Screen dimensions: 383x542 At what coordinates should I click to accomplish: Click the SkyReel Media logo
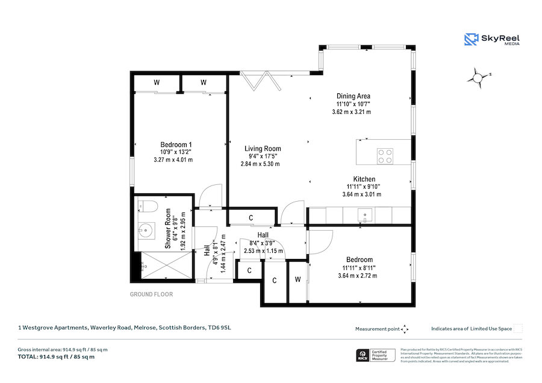492,40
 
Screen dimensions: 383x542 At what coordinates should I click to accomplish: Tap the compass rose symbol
478,77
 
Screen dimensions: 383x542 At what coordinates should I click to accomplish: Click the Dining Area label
353,96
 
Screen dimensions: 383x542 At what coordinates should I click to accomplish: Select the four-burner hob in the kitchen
385,156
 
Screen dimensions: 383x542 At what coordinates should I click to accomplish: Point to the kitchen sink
364,214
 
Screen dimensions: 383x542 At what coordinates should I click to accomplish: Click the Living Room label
262,149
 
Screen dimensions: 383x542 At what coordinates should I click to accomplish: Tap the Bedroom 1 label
176,145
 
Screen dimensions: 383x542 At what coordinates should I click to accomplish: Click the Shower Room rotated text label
169,229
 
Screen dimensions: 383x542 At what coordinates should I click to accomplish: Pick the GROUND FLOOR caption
151,294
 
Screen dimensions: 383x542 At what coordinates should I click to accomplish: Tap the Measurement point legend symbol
405,329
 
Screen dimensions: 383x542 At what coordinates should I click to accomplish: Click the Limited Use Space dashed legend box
518,328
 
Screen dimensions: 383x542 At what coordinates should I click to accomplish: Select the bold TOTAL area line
57,357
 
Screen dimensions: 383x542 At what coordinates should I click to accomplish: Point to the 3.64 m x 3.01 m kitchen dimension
361,194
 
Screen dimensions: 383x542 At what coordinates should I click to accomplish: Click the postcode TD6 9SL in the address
220,328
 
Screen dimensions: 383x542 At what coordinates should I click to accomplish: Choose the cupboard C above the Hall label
250,217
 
